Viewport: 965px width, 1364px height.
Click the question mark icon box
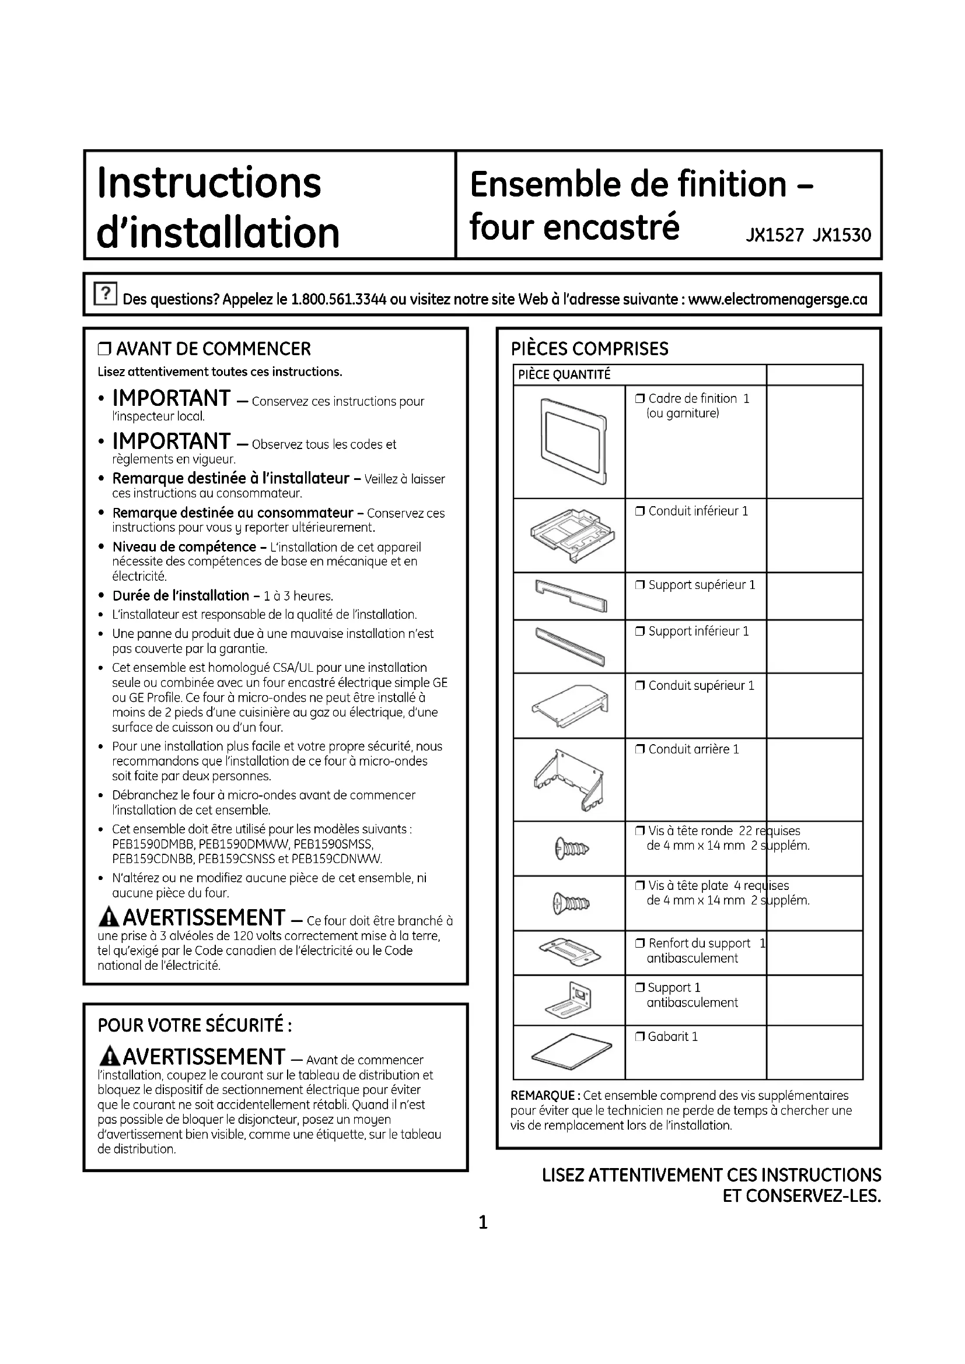coord(105,293)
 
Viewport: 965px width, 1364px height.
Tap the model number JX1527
coord(774,235)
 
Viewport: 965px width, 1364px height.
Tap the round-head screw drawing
coord(571,848)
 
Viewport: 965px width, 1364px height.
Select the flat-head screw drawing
coord(571,903)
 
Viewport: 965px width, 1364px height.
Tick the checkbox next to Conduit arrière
coord(640,750)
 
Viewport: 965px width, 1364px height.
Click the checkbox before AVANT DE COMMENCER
coord(105,349)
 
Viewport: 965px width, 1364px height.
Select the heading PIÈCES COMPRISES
coord(589,349)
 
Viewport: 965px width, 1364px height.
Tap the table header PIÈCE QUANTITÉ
coord(564,374)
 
